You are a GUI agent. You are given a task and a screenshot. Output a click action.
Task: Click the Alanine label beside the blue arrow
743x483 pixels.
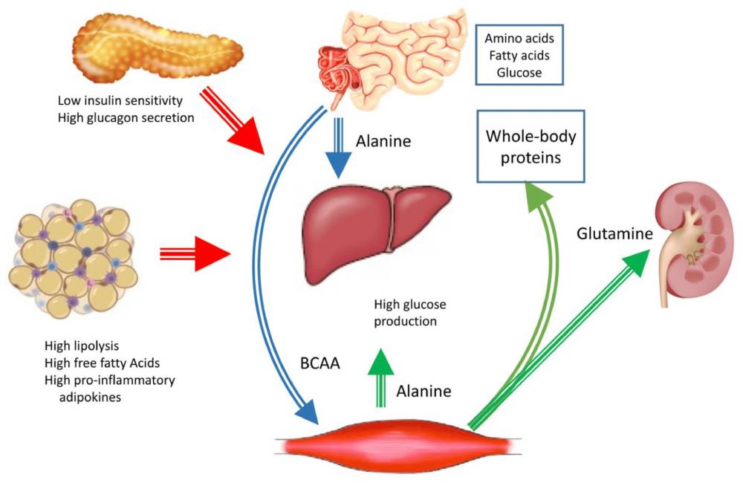click(x=383, y=140)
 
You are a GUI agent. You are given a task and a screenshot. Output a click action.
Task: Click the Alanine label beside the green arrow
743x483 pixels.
click(x=422, y=390)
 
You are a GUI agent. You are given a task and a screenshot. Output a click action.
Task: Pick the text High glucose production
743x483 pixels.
click(x=405, y=313)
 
